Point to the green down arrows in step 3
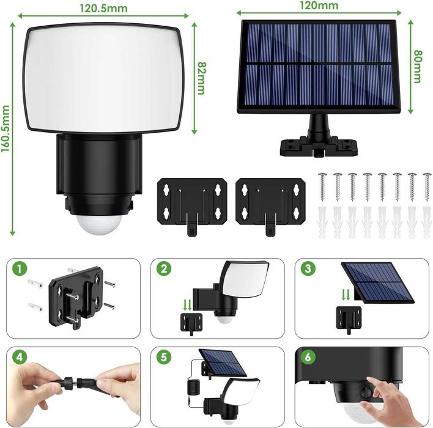(x=346, y=295)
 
